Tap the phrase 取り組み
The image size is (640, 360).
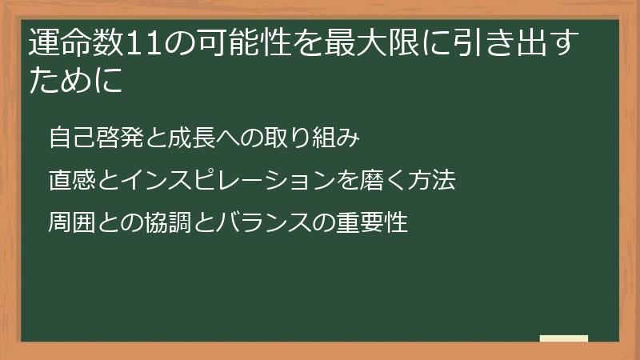point(319,138)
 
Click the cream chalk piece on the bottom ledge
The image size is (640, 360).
point(563,338)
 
